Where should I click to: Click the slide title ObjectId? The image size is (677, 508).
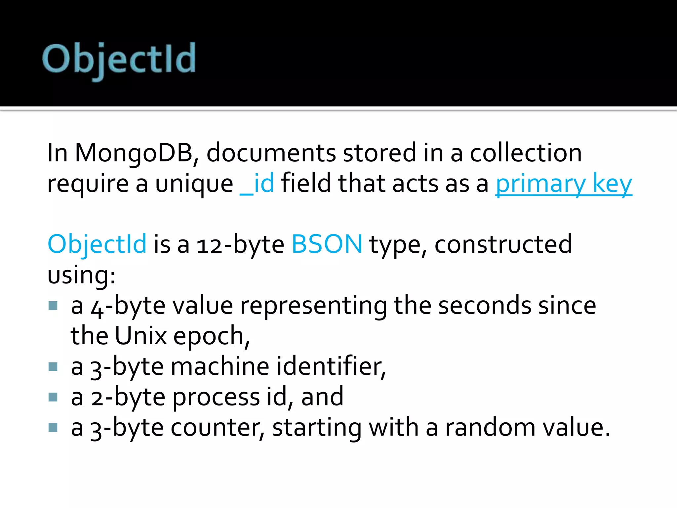tap(119, 60)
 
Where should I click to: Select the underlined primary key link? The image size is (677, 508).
tap(564, 184)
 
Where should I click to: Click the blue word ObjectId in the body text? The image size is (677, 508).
tap(97, 244)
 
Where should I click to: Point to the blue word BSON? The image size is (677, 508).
tap(327, 244)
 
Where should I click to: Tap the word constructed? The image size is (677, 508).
tap(503, 244)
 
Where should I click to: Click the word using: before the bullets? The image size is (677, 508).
tap(81, 275)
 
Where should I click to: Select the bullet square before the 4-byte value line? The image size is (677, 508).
tap(53, 305)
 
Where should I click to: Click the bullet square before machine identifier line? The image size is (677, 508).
tap(53, 366)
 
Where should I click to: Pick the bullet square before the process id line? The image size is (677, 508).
tap(53, 397)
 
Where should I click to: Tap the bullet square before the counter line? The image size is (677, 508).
tap(53, 428)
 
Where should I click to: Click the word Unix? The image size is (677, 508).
tap(141, 336)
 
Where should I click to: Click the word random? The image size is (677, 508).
tap(490, 428)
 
